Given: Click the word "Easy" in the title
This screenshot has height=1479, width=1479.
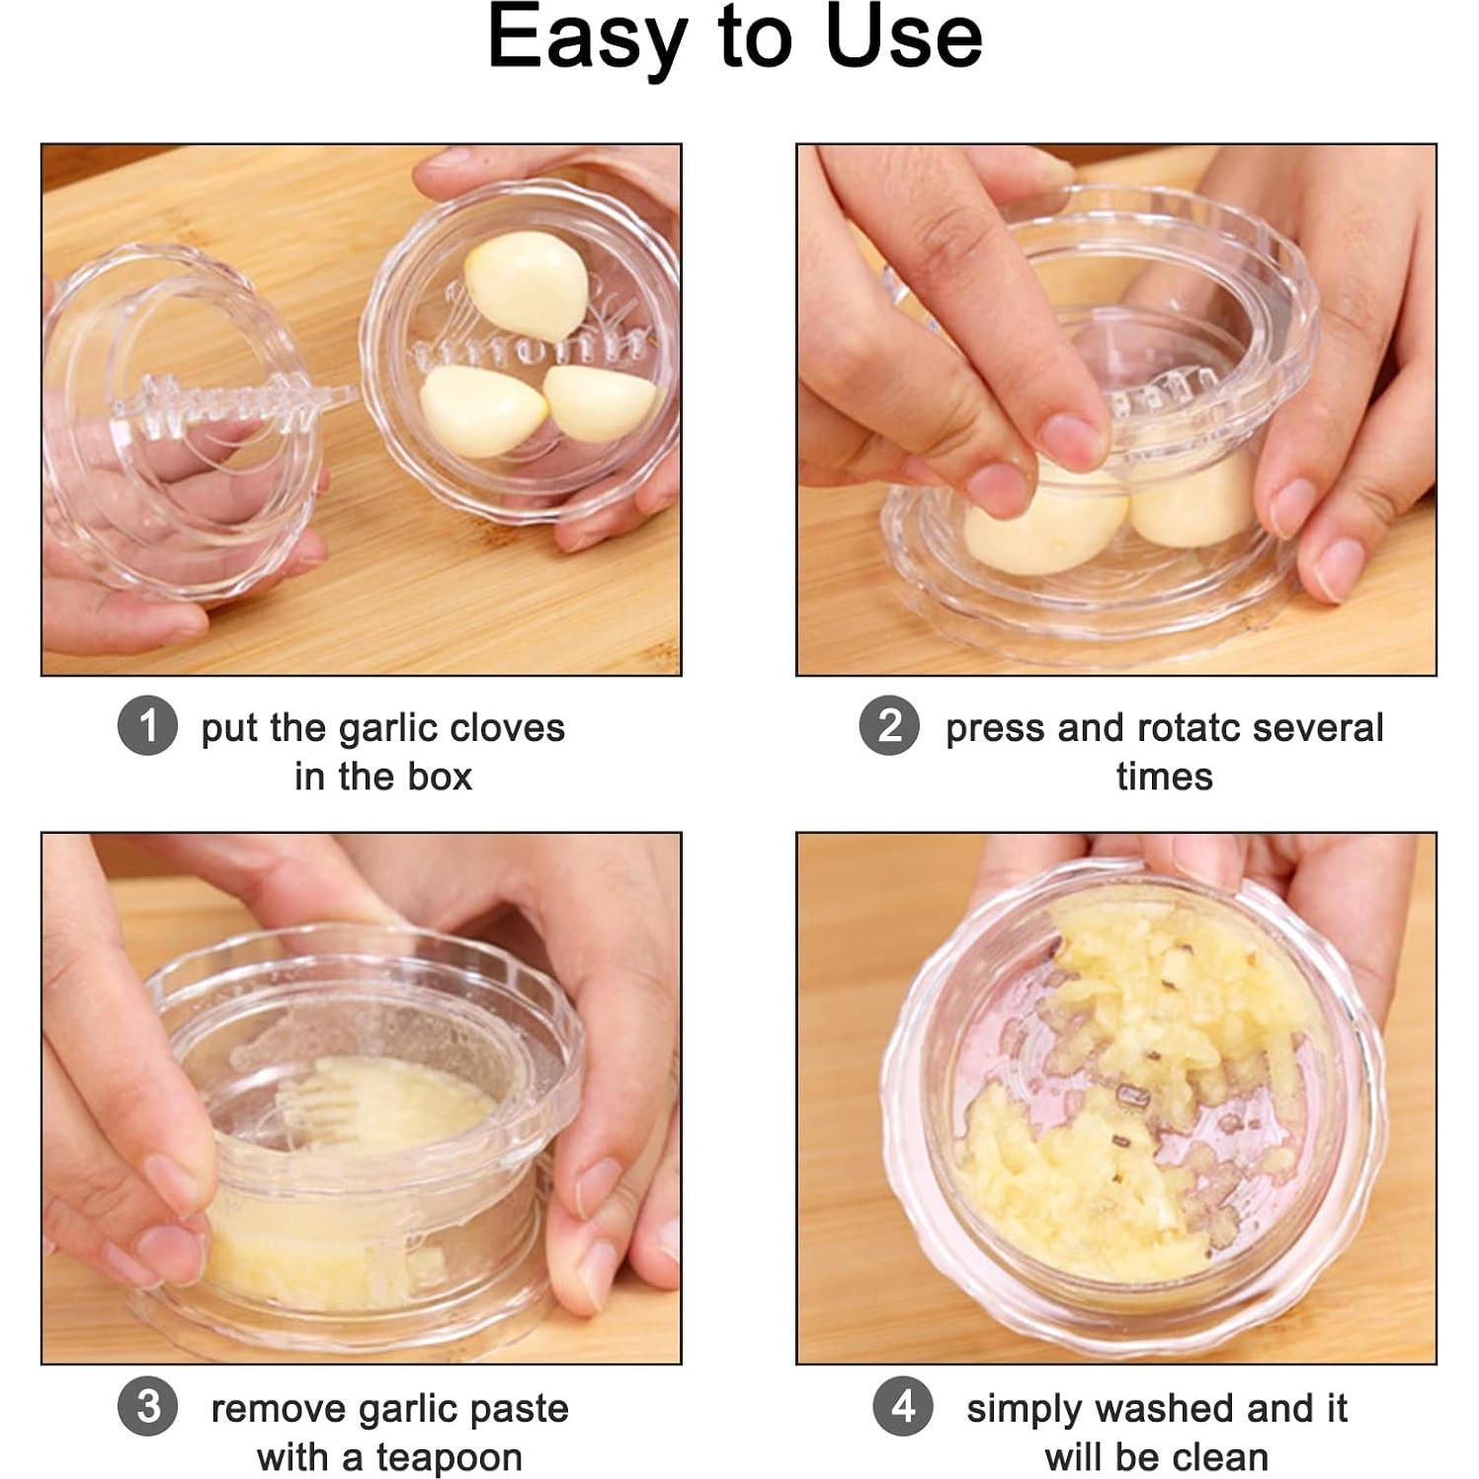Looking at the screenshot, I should coord(587,40).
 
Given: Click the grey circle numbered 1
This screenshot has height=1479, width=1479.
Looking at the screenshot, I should coord(147,726).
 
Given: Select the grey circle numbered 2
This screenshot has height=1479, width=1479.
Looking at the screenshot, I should coord(889,726).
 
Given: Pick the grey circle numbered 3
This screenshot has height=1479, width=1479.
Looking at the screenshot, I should coord(147,1407).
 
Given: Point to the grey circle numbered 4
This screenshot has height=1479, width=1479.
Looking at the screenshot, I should coord(903,1407).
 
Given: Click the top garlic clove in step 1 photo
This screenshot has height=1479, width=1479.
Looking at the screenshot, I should coord(528,285).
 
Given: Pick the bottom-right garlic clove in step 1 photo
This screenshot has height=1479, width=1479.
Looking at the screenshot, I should coord(601,402).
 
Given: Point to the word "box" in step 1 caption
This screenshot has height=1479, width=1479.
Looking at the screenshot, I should coord(441,777).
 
